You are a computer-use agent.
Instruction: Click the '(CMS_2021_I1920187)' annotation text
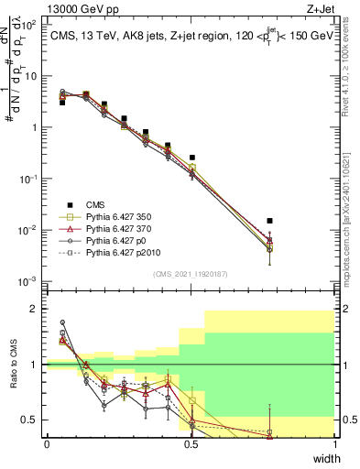click(x=190, y=274)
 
